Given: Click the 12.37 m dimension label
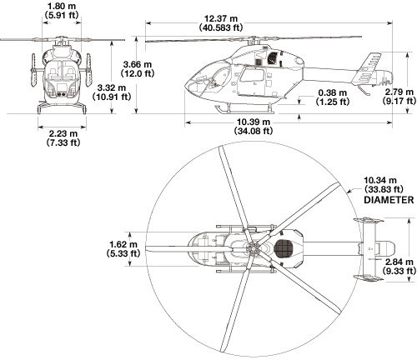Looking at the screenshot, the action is (221, 18).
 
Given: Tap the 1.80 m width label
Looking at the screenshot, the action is (62, 6).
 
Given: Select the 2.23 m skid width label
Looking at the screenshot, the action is (63, 133).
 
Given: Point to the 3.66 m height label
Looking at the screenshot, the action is (138, 65).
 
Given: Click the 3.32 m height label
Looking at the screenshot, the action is (112, 87).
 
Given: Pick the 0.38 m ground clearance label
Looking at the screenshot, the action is (333, 92).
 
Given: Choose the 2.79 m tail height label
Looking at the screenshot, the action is (399, 92).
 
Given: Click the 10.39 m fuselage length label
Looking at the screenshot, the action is (254, 122).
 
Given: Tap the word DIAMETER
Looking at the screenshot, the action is (389, 200).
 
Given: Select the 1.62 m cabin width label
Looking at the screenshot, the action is (123, 244).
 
